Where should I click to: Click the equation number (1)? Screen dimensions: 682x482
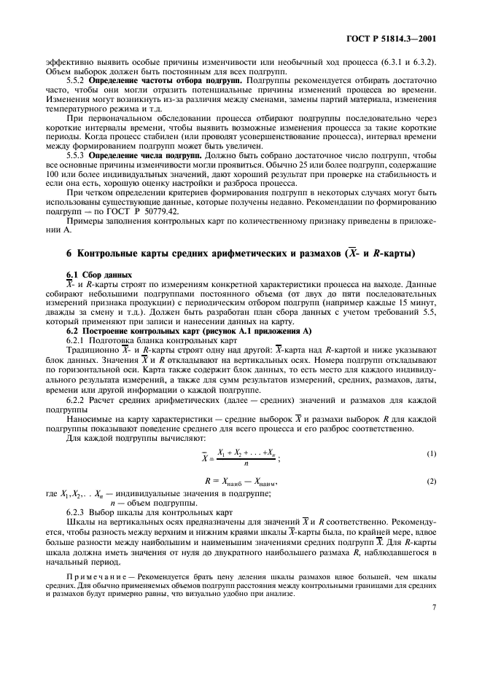432,453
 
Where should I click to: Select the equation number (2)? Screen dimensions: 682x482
432,482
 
